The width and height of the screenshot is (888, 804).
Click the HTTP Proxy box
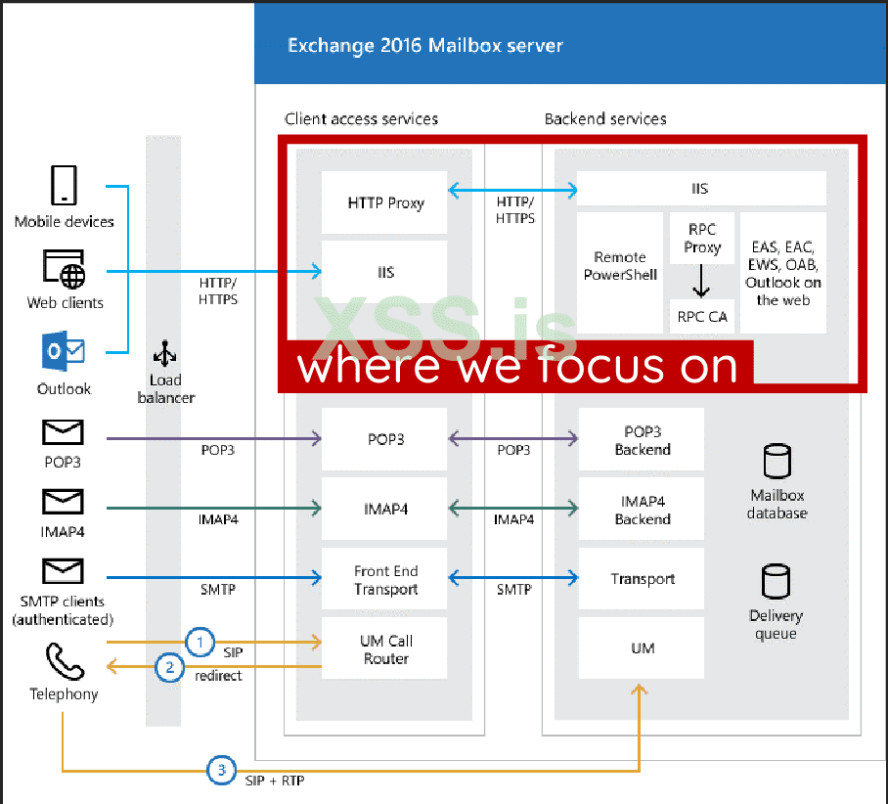[x=385, y=203]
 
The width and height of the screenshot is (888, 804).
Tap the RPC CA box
[x=701, y=316]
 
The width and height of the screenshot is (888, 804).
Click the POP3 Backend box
[x=642, y=440]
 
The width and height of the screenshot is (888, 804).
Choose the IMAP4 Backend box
[x=642, y=510]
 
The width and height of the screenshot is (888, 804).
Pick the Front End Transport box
[x=385, y=579]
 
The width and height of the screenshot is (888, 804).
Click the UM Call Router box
[x=385, y=649]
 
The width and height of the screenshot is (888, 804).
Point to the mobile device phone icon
[x=64, y=185]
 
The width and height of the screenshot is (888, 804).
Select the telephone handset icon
[x=64, y=663]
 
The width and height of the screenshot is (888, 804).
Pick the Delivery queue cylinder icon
[x=777, y=581]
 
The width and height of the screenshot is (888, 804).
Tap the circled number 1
[x=200, y=643]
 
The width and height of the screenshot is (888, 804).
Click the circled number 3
[x=222, y=770]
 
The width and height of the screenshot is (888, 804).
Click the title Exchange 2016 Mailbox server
[x=424, y=45]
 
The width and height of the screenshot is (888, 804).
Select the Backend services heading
[x=605, y=119]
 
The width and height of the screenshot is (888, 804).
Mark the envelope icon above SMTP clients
[x=63, y=571]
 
